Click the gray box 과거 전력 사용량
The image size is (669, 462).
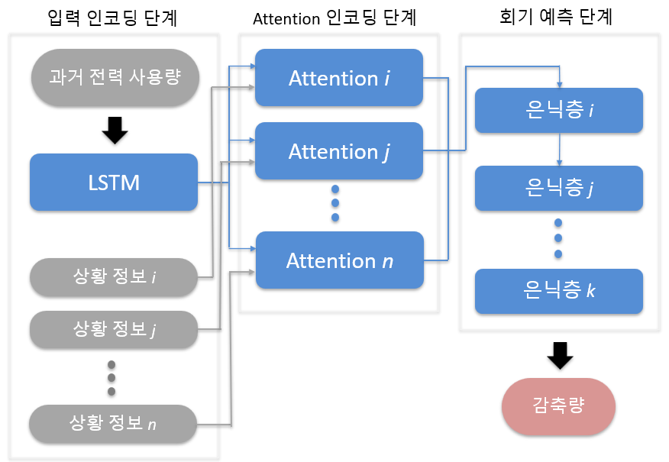click(x=114, y=77)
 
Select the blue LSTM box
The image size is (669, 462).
click(x=114, y=183)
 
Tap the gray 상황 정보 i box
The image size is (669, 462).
click(x=114, y=276)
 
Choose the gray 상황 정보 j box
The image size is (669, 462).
click(x=114, y=329)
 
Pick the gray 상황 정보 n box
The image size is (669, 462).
click(x=114, y=422)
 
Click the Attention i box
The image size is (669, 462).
click(x=338, y=78)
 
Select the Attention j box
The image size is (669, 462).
click(x=338, y=151)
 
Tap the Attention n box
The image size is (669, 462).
click(x=339, y=260)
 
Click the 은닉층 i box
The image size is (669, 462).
click(x=558, y=111)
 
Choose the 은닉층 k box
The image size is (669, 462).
click(x=558, y=290)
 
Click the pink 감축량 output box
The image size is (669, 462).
click(x=558, y=405)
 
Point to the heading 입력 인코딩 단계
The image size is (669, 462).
click(x=112, y=18)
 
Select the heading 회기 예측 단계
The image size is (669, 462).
click(x=560, y=18)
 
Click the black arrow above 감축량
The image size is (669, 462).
click(x=560, y=355)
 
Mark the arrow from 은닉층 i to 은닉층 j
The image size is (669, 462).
click(x=560, y=149)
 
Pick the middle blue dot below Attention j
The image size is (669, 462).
click(x=334, y=202)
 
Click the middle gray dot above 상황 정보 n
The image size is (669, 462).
click(x=112, y=377)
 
